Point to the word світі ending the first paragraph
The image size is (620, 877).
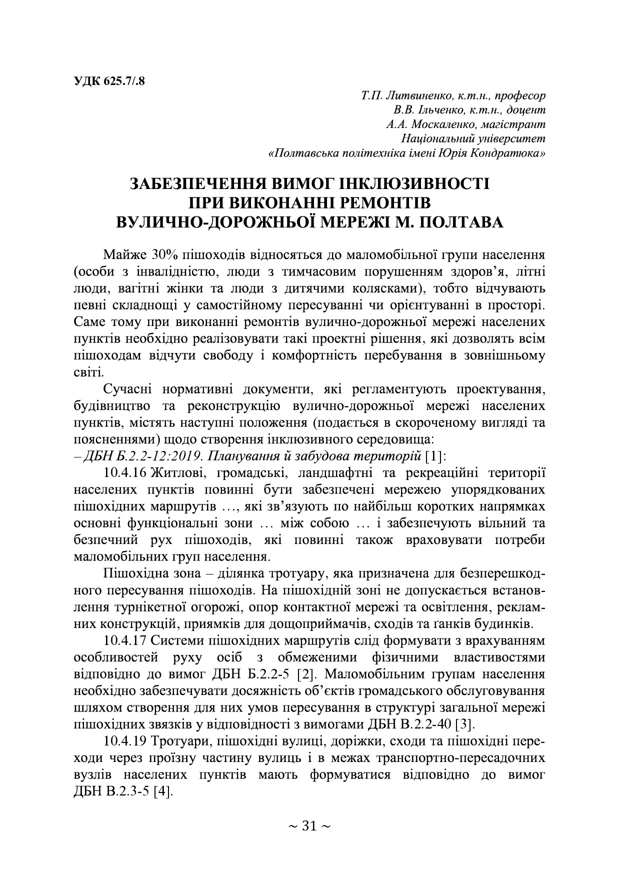[88, 372]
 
